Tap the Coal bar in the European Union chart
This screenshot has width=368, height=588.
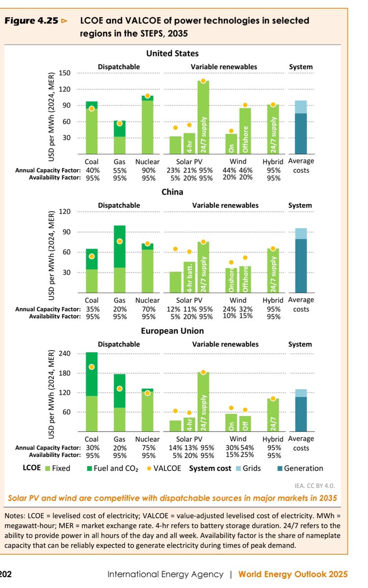click(92, 392)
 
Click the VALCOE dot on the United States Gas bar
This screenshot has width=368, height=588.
click(119, 123)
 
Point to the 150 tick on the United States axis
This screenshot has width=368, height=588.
click(65, 73)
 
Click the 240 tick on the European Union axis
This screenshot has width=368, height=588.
click(65, 354)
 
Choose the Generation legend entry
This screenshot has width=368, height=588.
click(300, 468)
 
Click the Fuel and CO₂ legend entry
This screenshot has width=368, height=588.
click(112, 468)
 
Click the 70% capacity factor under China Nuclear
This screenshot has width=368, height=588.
click(148, 309)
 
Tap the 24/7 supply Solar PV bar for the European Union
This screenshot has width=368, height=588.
click(203, 402)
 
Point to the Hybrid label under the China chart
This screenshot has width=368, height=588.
click(273, 300)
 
